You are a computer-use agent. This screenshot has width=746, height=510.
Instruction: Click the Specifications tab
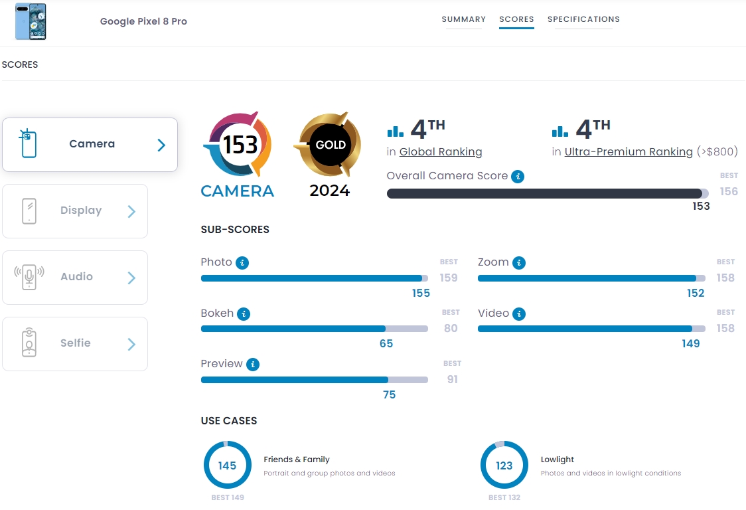click(x=583, y=19)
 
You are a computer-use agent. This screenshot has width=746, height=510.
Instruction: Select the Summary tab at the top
click(x=463, y=19)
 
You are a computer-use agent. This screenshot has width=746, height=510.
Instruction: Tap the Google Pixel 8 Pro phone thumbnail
click(x=31, y=21)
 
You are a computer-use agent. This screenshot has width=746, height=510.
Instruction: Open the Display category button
click(x=75, y=211)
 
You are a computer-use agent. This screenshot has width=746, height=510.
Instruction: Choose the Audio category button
click(x=75, y=278)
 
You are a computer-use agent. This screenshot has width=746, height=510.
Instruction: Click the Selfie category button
click(x=75, y=344)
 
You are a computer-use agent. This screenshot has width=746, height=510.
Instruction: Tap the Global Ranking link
click(x=441, y=152)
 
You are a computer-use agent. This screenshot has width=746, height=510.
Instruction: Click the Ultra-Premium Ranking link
click(x=629, y=152)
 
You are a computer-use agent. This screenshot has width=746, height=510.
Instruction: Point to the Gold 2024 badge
click(x=330, y=146)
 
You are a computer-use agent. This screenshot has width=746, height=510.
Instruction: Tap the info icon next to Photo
click(x=243, y=263)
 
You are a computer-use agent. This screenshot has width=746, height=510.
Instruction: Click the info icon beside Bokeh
click(x=244, y=313)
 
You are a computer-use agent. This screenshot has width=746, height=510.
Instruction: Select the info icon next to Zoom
click(x=519, y=263)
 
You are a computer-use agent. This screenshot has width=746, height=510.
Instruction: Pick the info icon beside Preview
click(x=252, y=365)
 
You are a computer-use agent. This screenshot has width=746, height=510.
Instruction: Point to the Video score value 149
click(x=690, y=343)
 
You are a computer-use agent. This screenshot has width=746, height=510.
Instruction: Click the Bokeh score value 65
click(x=386, y=343)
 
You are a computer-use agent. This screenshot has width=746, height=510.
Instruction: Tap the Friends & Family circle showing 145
click(x=227, y=466)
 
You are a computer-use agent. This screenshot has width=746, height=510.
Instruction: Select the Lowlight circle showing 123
click(x=504, y=466)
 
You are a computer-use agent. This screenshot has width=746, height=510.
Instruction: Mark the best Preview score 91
click(x=452, y=380)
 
